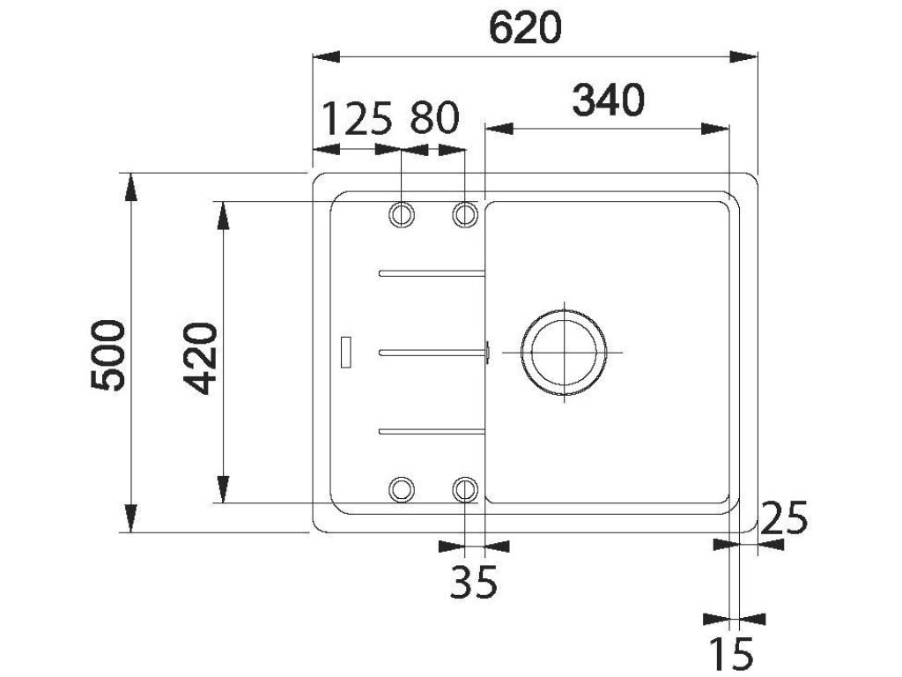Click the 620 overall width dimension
(525, 29)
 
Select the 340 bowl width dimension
(608, 100)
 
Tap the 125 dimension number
(355, 119)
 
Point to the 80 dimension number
(434, 119)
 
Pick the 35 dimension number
(473, 582)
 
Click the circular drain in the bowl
(564, 352)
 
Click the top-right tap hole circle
(465, 214)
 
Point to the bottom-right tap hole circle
(465, 488)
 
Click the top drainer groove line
(432, 273)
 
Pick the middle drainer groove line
(432, 352)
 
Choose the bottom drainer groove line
(432, 430)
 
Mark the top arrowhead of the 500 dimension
(130, 187)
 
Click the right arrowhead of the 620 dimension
(745, 57)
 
